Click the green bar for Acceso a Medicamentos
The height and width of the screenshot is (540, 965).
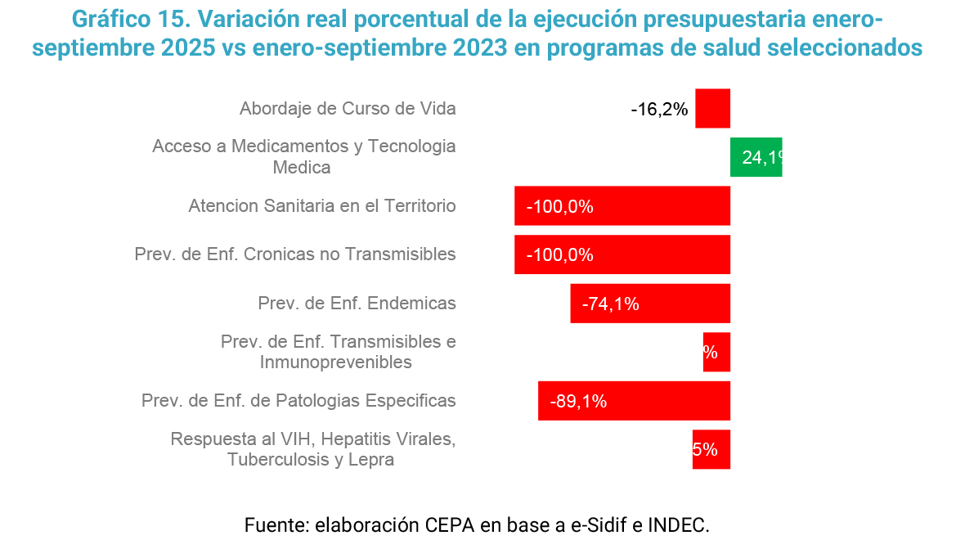[756, 157]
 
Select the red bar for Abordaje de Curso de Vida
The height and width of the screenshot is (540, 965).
[712, 109]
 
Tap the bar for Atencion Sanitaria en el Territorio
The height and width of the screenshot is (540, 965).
[622, 206]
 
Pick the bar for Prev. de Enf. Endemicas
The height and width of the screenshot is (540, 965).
[650, 304]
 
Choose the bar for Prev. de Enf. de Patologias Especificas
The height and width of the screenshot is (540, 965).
[634, 401]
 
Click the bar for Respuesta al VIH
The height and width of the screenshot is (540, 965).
[711, 449]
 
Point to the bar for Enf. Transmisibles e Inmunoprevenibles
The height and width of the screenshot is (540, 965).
[716, 352]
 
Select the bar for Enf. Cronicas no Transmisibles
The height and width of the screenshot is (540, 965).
[622, 254]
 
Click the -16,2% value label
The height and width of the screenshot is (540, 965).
[659, 110]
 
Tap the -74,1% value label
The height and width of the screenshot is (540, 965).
[610, 304]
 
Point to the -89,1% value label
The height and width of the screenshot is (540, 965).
[578, 402]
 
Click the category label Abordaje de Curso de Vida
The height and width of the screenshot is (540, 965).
[348, 109]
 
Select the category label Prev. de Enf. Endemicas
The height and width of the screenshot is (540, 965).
[357, 304]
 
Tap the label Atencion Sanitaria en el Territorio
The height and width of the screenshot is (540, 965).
[321, 206]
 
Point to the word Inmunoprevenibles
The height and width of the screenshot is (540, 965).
[335, 362]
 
